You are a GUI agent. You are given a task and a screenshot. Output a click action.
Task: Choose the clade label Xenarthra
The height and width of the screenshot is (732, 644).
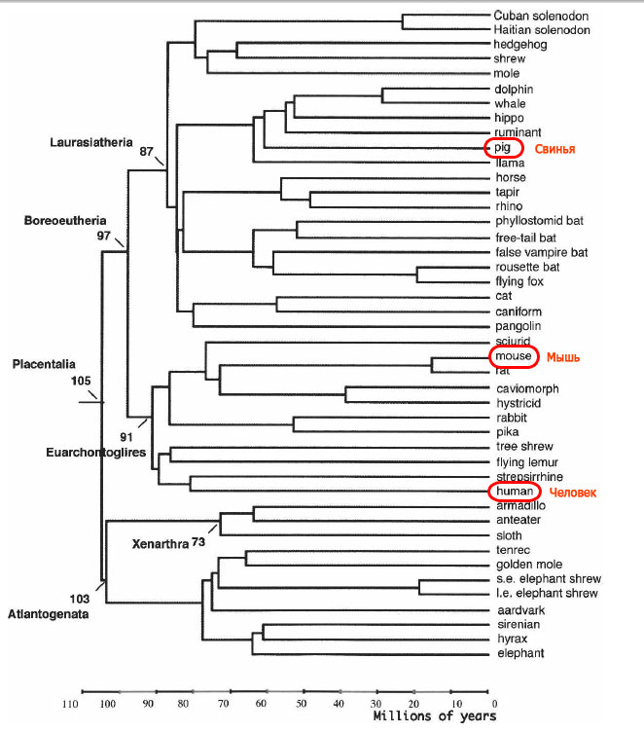[x=160, y=541]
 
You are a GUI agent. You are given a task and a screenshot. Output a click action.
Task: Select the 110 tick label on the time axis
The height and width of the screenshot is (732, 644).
[x=70, y=704]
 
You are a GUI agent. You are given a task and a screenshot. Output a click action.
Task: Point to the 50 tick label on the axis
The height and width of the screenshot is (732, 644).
[x=302, y=704]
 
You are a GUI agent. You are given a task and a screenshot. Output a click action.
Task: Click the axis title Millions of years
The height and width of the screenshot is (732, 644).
[x=434, y=716]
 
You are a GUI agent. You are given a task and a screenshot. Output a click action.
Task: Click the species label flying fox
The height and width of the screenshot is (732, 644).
[x=520, y=282]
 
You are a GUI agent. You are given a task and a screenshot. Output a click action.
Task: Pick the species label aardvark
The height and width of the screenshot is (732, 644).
[x=519, y=610]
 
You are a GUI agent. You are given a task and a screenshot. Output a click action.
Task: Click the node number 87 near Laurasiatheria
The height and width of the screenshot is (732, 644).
[x=148, y=152]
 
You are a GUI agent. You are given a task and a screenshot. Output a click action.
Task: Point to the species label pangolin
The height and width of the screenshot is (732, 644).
[x=518, y=326]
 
